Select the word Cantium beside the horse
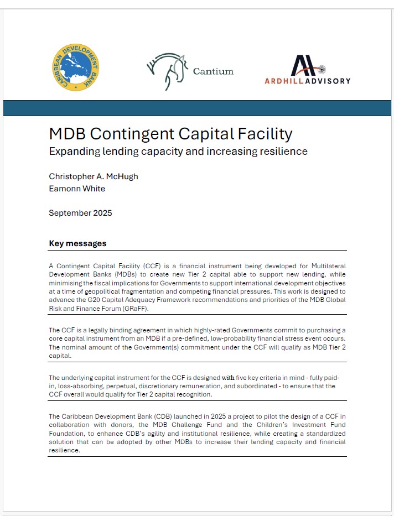click(x=213, y=71)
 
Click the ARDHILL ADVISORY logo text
click(x=308, y=81)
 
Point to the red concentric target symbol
click(x=322, y=69)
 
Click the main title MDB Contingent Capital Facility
click(x=170, y=134)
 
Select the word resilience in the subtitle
click(x=280, y=151)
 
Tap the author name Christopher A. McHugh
click(x=93, y=176)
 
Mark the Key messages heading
click(x=77, y=243)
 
